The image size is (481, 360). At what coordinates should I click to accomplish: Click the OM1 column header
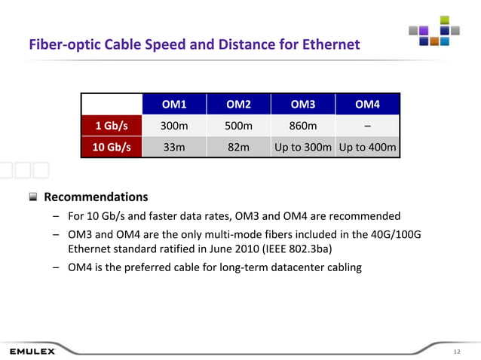[174, 103]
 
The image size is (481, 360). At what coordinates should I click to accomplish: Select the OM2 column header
[239, 103]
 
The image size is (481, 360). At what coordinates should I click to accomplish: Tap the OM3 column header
[302, 103]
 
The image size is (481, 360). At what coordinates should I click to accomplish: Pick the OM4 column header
[367, 103]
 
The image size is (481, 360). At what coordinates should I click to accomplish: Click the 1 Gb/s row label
[110, 125]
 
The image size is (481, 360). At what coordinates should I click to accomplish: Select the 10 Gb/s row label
[110, 147]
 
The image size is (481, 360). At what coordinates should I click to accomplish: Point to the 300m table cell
[174, 125]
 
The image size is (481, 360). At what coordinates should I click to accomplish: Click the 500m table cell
[239, 125]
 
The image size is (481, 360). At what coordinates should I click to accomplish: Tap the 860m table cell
[302, 125]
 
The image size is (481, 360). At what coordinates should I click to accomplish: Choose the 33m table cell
[174, 147]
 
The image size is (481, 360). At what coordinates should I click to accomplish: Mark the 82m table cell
[239, 147]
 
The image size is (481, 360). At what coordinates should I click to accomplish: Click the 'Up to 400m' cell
[367, 147]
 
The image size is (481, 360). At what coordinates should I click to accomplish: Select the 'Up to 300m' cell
[302, 147]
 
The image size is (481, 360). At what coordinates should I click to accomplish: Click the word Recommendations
[96, 197]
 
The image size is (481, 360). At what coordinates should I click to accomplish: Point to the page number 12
[456, 352]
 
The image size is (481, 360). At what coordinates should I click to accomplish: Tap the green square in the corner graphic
[445, 20]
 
